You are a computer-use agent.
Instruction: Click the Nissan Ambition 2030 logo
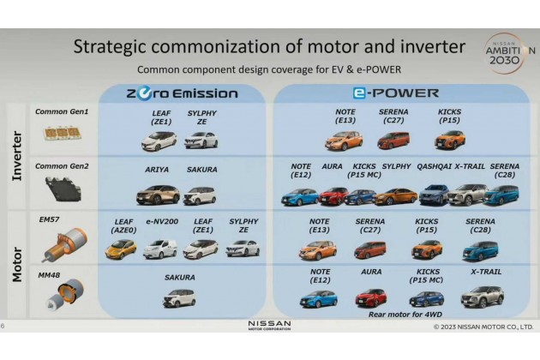click(x=507, y=53)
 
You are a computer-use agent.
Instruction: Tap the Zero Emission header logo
click(x=183, y=93)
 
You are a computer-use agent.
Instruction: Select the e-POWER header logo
click(x=396, y=93)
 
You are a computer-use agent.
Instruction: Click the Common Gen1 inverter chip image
click(x=62, y=134)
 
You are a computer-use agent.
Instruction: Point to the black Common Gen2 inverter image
click(x=63, y=189)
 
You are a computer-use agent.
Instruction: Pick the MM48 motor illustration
click(x=65, y=294)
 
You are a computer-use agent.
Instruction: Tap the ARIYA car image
click(x=158, y=195)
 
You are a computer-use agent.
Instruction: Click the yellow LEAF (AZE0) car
click(x=121, y=249)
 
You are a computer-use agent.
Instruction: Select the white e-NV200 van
click(x=160, y=249)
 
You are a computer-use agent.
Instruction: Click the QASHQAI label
click(x=434, y=166)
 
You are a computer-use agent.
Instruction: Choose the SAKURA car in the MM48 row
click(x=179, y=298)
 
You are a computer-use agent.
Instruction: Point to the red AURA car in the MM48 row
click(x=371, y=297)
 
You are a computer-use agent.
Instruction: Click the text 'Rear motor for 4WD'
click(x=405, y=315)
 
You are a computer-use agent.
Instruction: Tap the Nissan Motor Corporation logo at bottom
click(x=270, y=325)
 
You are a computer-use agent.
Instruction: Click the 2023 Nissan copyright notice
click(x=483, y=327)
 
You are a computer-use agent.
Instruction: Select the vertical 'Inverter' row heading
click(x=17, y=156)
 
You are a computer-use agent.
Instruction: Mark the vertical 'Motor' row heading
click(x=17, y=264)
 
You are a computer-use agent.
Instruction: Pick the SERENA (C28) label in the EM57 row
click(x=480, y=225)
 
